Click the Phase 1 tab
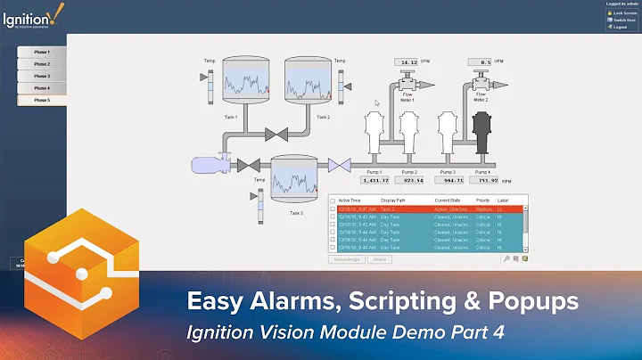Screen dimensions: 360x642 point(42,52)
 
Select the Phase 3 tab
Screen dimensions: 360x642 point(42,76)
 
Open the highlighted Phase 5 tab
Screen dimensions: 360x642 point(42,100)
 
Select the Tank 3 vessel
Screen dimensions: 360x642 point(294,178)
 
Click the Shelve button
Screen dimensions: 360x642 point(381,259)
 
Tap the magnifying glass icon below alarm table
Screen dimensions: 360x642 point(506,259)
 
